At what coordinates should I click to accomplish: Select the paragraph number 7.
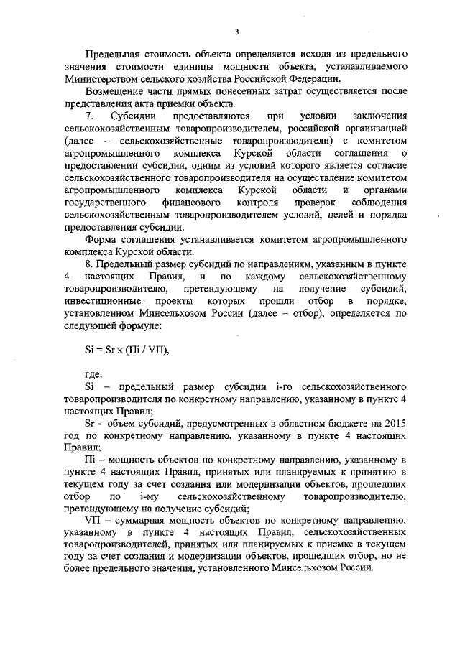coord(89,116)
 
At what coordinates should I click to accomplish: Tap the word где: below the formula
coord(94,373)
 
